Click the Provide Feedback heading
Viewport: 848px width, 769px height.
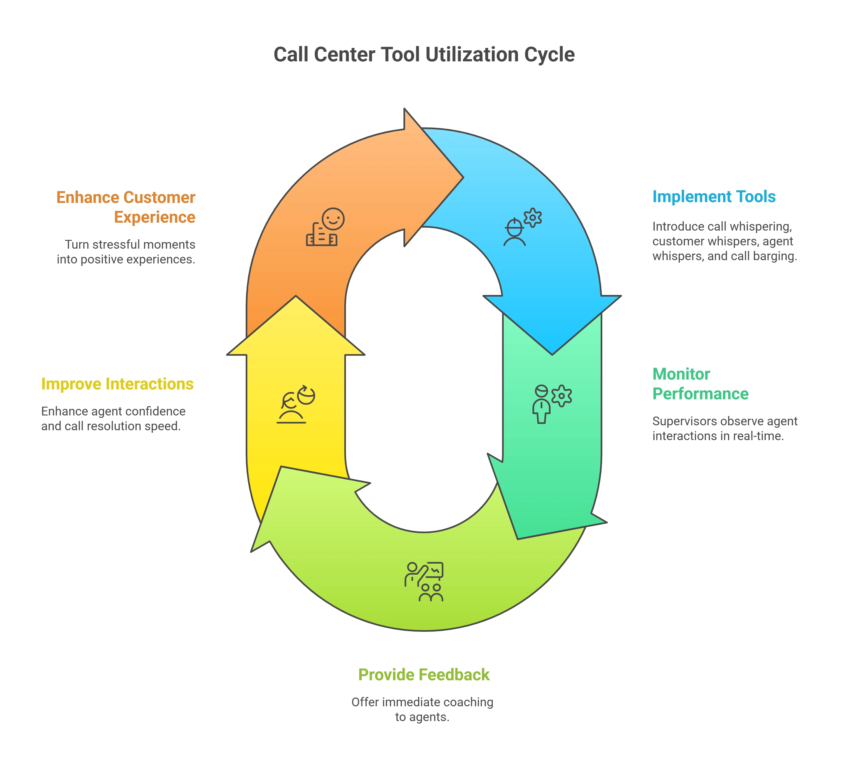[x=423, y=675]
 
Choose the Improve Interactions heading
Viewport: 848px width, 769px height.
[x=117, y=384]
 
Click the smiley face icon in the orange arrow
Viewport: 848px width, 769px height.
[x=333, y=219]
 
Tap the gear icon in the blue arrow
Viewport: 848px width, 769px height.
[x=532, y=217]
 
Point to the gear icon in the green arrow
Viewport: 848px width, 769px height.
[x=561, y=395]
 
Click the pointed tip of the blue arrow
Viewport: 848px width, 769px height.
[x=552, y=354]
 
